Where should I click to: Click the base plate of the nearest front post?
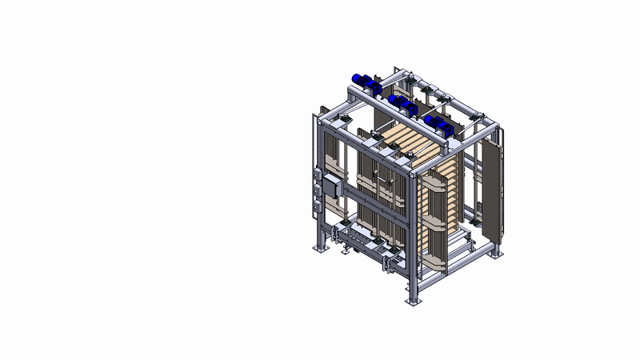[413, 302]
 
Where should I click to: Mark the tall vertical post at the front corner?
[413, 240]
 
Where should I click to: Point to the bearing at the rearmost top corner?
[407, 78]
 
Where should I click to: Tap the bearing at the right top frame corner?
[478, 119]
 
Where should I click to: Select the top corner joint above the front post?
[413, 170]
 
